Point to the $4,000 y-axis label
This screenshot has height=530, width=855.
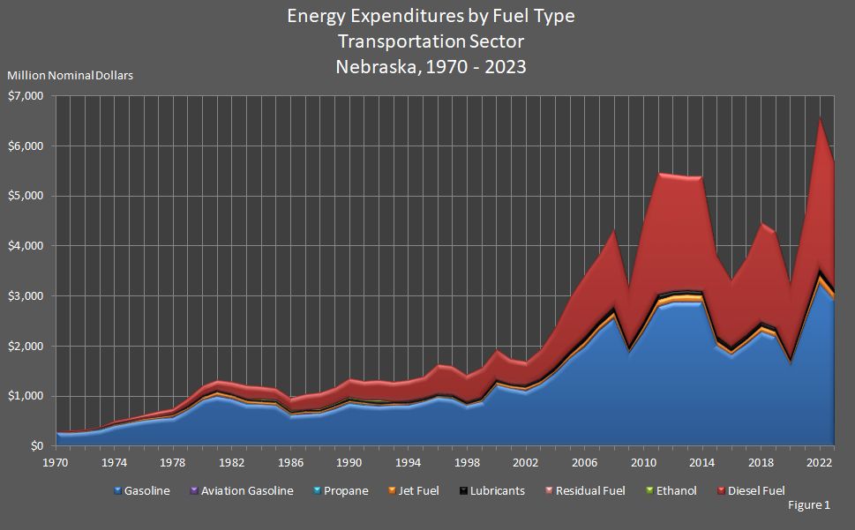click(x=25, y=245)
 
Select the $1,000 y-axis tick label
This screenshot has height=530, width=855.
click(x=25, y=396)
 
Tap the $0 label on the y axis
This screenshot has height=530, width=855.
click(x=35, y=446)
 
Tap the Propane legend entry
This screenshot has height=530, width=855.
click(x=344, y=490)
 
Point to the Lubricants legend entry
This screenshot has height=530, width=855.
click(x=493, y=490)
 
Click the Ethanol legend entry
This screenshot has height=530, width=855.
click(x=671, y=490)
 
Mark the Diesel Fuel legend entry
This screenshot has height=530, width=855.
click(x=752, y=490)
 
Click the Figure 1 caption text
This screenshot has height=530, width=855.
click(x=807, y=505)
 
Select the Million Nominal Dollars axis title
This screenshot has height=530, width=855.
click(x=70, y=76)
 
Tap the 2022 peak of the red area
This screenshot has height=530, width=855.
click(x=821, y=118)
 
